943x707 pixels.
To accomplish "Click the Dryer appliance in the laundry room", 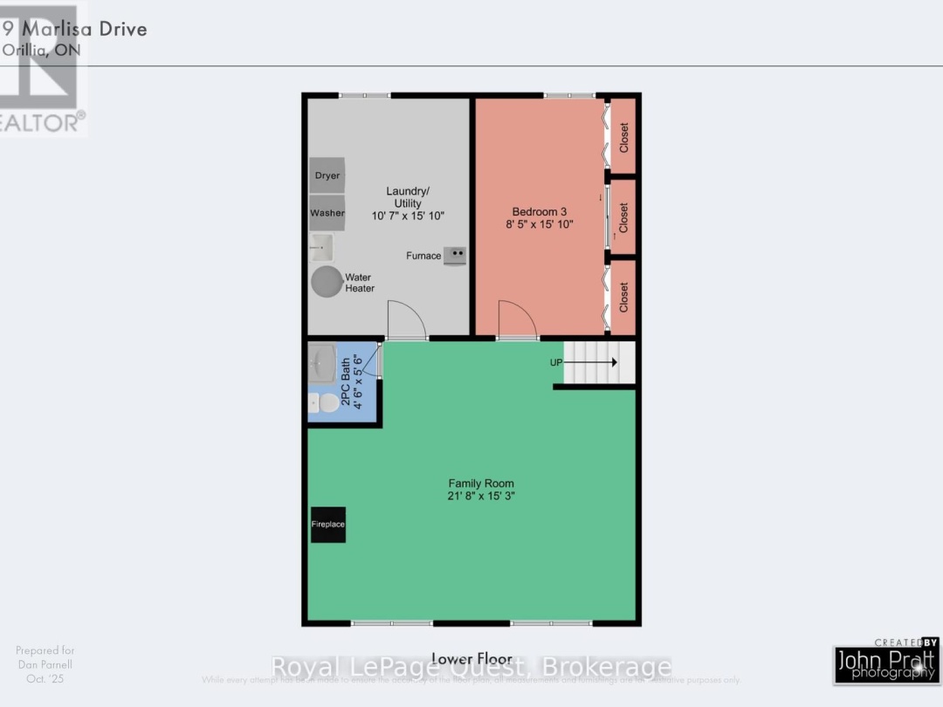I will pos(327,175).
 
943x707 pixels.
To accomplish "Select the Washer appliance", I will pos(327,213).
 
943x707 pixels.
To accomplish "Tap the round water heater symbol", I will pos(328,282).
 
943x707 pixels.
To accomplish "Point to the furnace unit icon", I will pos(454,256).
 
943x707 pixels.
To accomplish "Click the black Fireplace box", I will pos(328,525).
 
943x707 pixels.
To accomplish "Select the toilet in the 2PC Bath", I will pos(327,403).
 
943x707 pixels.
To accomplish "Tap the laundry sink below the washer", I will pos(321,247).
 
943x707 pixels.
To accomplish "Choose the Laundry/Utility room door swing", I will pos(405,320).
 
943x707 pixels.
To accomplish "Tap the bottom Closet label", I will pos(623,297).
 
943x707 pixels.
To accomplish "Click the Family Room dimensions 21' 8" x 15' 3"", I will pos(481,497).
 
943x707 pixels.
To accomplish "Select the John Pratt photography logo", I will pos(886,663).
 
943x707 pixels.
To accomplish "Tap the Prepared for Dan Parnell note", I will pos(45,664).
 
